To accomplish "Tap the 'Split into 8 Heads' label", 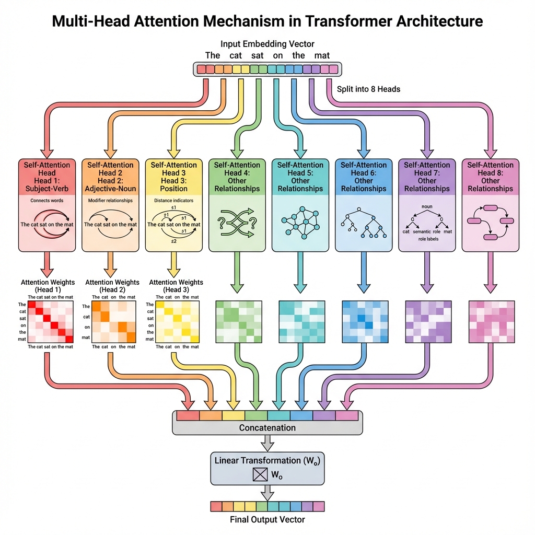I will pyautogui.click(x=369, y=89).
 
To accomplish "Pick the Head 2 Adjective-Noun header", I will pyautogui.click(x=110, y=177).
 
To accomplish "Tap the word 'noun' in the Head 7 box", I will pyautogui.click(x=426, y=207).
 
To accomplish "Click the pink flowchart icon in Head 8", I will pyautogui.click(x=490, y=222).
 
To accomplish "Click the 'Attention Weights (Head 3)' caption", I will pyautogui.click(x=174, y=286).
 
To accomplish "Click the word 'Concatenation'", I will pyautogui.click(x=267, y=428).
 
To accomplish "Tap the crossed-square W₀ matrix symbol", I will pyautogui.click(x=260, y=474).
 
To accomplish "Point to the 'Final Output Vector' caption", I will pyautogui.click(x=267, y=519).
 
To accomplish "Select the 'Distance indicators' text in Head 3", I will pyautogui.click(x=174, y=200).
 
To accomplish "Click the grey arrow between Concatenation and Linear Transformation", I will pyautogui.click(x=267, y=443).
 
